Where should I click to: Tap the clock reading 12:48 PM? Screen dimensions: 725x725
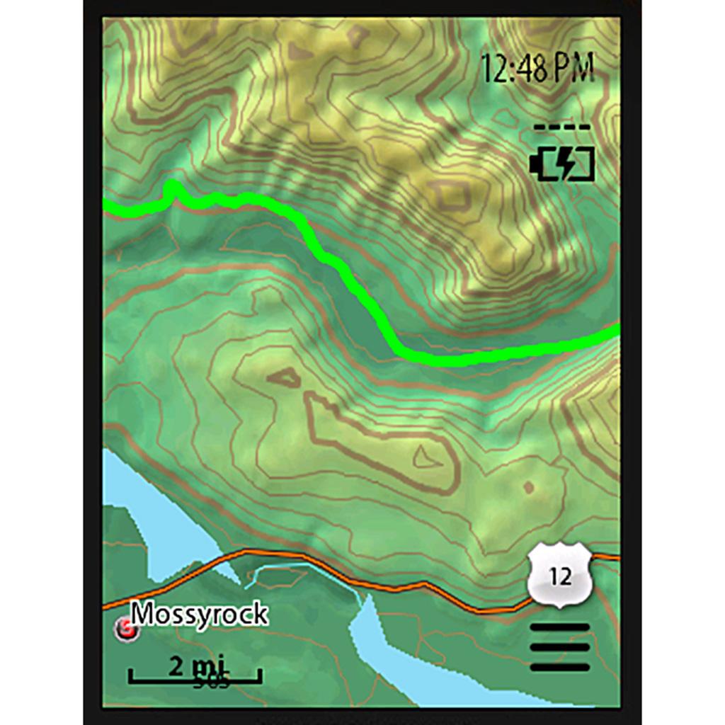click(537, 68)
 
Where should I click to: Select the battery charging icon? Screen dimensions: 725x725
click(562, 164)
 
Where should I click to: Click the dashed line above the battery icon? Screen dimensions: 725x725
click(562, 127)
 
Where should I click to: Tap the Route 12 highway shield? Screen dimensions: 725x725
click(559, 577)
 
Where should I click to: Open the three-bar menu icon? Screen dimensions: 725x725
click(559, 647)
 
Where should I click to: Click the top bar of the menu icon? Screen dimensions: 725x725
click(559, 628)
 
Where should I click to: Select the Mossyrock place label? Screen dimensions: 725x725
click(200, 614)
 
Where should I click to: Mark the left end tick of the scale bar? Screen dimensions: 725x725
click(130, 677)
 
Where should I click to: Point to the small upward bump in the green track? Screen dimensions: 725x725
click(171, 188)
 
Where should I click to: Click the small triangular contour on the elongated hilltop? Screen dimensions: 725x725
click(426, 458)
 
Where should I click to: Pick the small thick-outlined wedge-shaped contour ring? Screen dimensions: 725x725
click(285, 378)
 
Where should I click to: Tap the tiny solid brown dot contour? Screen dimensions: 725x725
click(528, 487)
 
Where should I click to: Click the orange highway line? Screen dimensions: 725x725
click(396, 586)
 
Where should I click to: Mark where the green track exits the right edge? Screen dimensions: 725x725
click(616, 330)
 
